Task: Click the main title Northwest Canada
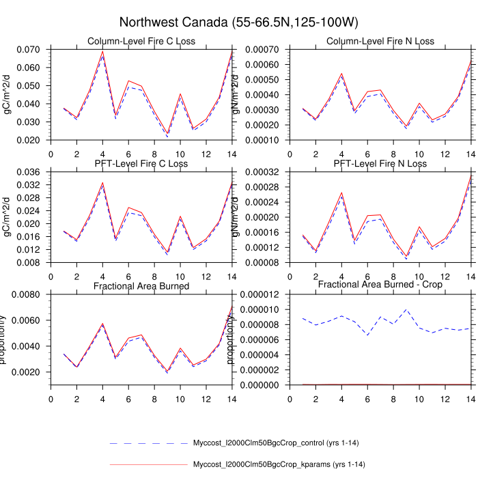click(x=238, y=23)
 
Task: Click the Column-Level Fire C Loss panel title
click(x=141, y=41)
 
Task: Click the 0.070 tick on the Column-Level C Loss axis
click(x=28, y=49)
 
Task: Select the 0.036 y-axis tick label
click(x=28, y=171)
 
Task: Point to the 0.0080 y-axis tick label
click(x=26, y=294)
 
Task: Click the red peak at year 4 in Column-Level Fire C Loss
click(x=102, y=51)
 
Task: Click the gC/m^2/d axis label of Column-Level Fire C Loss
click(x=8, y=94)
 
